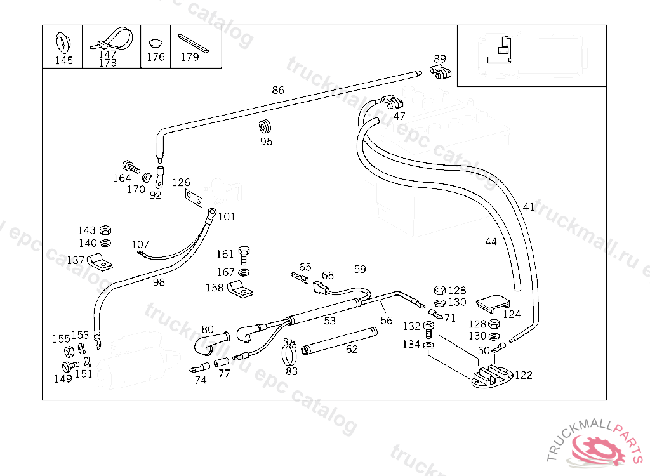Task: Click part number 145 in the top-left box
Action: (63, 61)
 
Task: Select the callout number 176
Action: (156, 57)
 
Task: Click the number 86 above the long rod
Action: (278, 90)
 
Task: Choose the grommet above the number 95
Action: (265, 124)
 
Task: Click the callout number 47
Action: (399, 116)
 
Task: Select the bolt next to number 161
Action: (244, 255)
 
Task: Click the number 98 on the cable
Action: (159, 282)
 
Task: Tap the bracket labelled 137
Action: (98, 261)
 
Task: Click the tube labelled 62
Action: (339, 340)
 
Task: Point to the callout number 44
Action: (491, 241)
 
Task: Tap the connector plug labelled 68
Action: (321, 289)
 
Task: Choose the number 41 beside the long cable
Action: (529, 207)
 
